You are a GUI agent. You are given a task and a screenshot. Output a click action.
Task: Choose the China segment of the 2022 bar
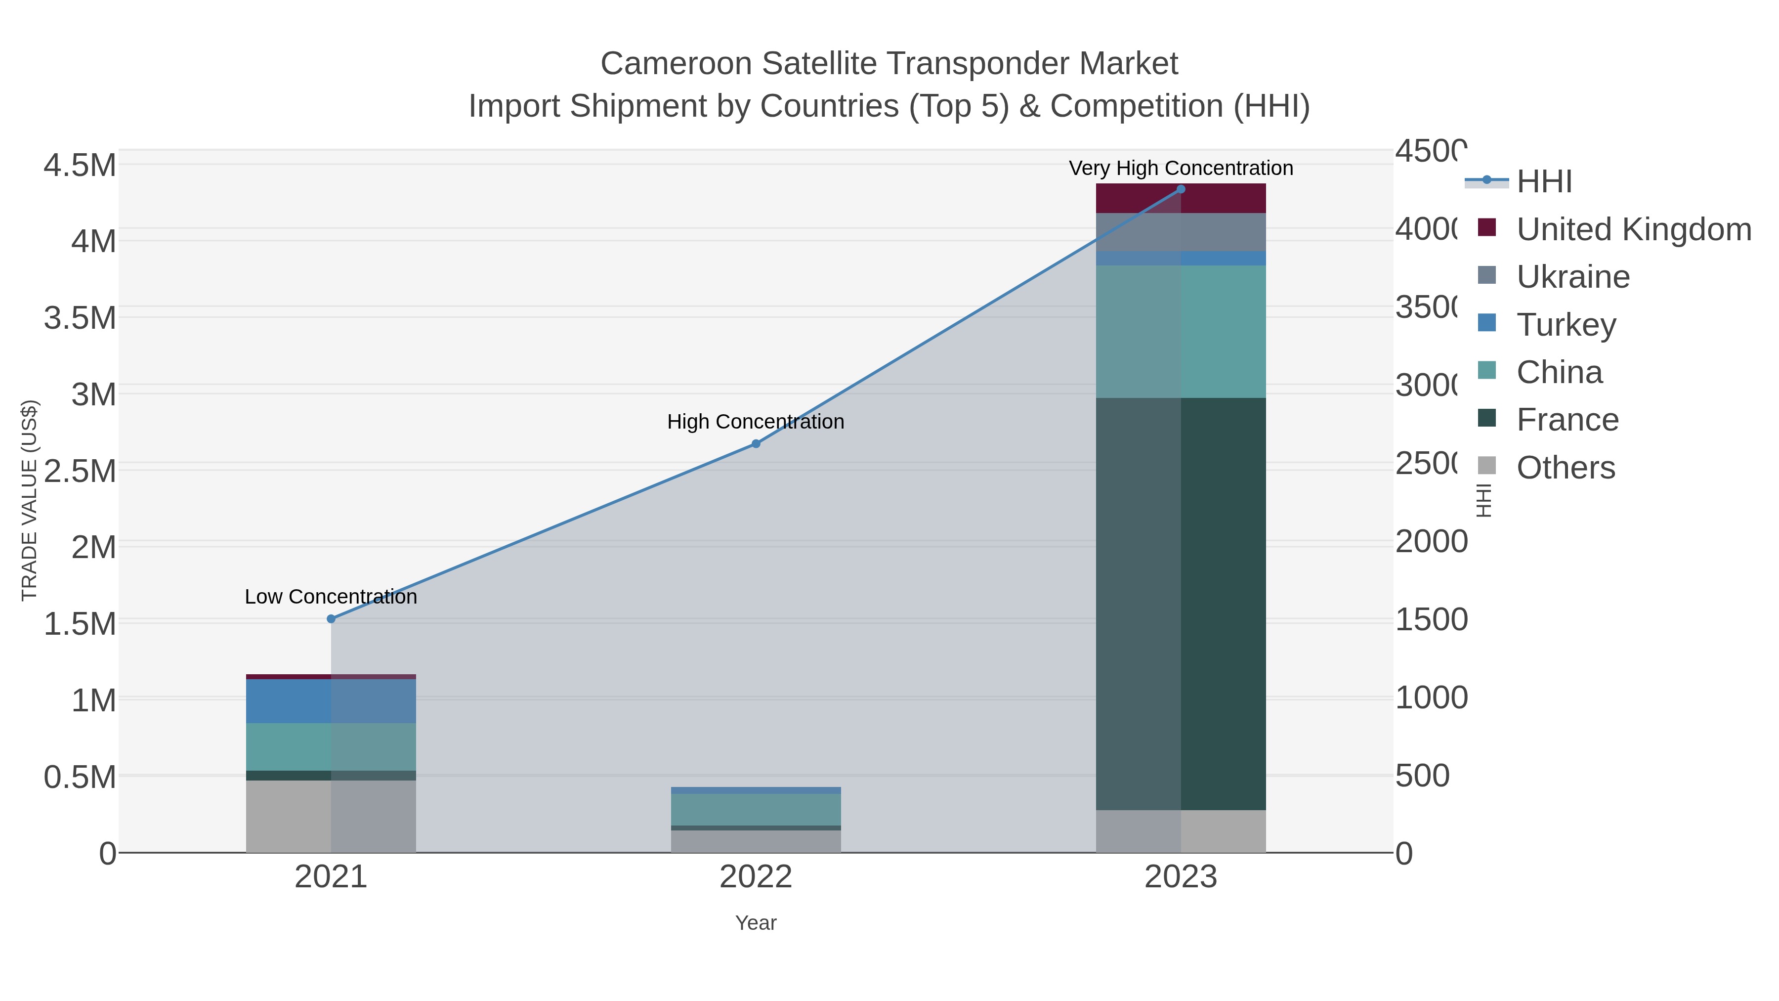click(x=756, y=810)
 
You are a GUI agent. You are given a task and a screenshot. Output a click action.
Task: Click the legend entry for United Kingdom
click(x=1633, y=229)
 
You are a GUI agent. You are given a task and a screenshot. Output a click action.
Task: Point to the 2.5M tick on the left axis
click(x=80, y=471)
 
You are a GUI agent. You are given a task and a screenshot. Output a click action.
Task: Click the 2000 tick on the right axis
click(x=1431, y=542)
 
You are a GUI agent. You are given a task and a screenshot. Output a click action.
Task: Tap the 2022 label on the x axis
click(x=756, y=877)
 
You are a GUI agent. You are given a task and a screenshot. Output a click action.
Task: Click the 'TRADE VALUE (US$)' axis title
click(x=30, y=500)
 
